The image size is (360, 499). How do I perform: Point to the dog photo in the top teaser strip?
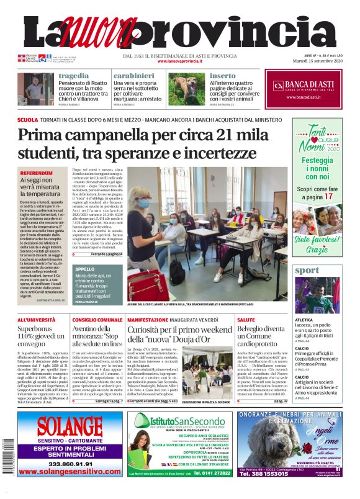pyautogui.click(x=187, y=88)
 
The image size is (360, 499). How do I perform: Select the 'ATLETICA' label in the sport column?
pyautogui.click(x=304, y=320)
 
